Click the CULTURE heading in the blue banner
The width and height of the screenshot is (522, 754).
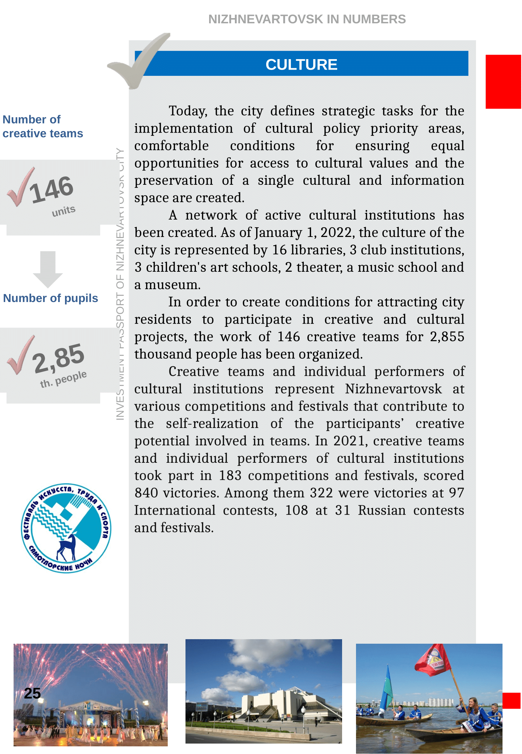[x=301, y=64]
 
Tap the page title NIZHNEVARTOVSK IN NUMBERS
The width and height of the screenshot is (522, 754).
[x=307, y=19]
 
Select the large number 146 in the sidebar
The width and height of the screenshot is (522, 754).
[x=52, y=190]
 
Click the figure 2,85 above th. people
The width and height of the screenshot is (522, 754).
[x=58, y=357]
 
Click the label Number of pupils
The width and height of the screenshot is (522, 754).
[x=50, y=298]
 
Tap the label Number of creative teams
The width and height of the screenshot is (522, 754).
[x=42, y=126]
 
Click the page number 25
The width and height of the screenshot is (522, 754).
[x=32, y=693]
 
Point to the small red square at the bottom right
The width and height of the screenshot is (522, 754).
[x=511, y=700]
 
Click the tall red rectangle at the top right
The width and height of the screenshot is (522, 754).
[x=503, y=82]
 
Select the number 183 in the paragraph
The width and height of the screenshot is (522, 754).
[x=230, y=476]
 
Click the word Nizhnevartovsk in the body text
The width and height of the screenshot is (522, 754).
[x=393, y=389]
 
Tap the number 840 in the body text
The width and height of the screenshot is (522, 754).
[x=146, y=493]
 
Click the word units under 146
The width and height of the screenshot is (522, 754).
[x=64, y=211]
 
